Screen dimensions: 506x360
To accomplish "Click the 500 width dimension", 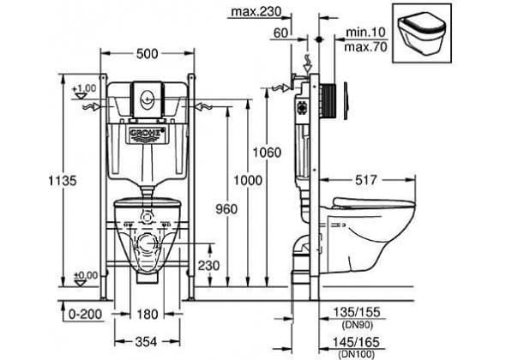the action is (x=148, y=54).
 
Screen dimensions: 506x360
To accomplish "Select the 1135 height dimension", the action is (x=63, y=180).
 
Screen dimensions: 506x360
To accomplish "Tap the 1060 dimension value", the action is (x=267, y=153).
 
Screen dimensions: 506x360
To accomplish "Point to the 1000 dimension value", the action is (x=248, y=180).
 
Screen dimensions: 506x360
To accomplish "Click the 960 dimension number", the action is (x=226, y=209).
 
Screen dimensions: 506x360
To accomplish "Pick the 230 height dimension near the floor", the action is (x=208, y=266).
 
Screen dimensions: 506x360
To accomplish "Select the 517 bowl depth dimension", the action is (x=366, y=180).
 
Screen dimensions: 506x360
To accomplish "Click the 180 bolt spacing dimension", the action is (x=148, y=315).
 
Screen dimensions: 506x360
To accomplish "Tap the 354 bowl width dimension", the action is (x=146, y=342).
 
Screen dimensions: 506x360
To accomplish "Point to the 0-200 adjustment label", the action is (x=86, y=315).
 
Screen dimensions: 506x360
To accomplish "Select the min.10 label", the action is (x=365, y=33).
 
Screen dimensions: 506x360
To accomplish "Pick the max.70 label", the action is (x=365, y=47).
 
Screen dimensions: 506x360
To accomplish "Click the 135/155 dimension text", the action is (x=357, y=312).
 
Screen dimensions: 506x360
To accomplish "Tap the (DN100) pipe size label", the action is (x=357, y=354).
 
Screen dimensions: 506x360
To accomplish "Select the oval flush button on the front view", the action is (x=148, y=97).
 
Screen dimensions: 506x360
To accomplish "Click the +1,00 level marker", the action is (x=83, y=92).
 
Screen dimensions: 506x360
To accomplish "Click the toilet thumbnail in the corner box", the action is (x=422, y=34).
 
